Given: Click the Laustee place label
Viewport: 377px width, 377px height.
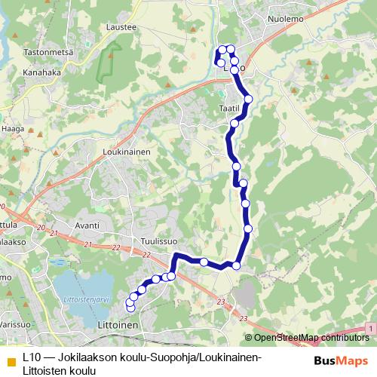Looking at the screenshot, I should [122, 26].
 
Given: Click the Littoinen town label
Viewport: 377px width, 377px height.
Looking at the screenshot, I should [118, 325].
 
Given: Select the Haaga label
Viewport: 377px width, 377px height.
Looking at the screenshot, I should [14, 129].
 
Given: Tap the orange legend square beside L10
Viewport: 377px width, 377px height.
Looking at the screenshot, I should [11, 357].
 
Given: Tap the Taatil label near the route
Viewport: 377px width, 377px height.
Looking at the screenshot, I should [228, 109].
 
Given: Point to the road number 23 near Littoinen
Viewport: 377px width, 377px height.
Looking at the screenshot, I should [221, 302].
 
